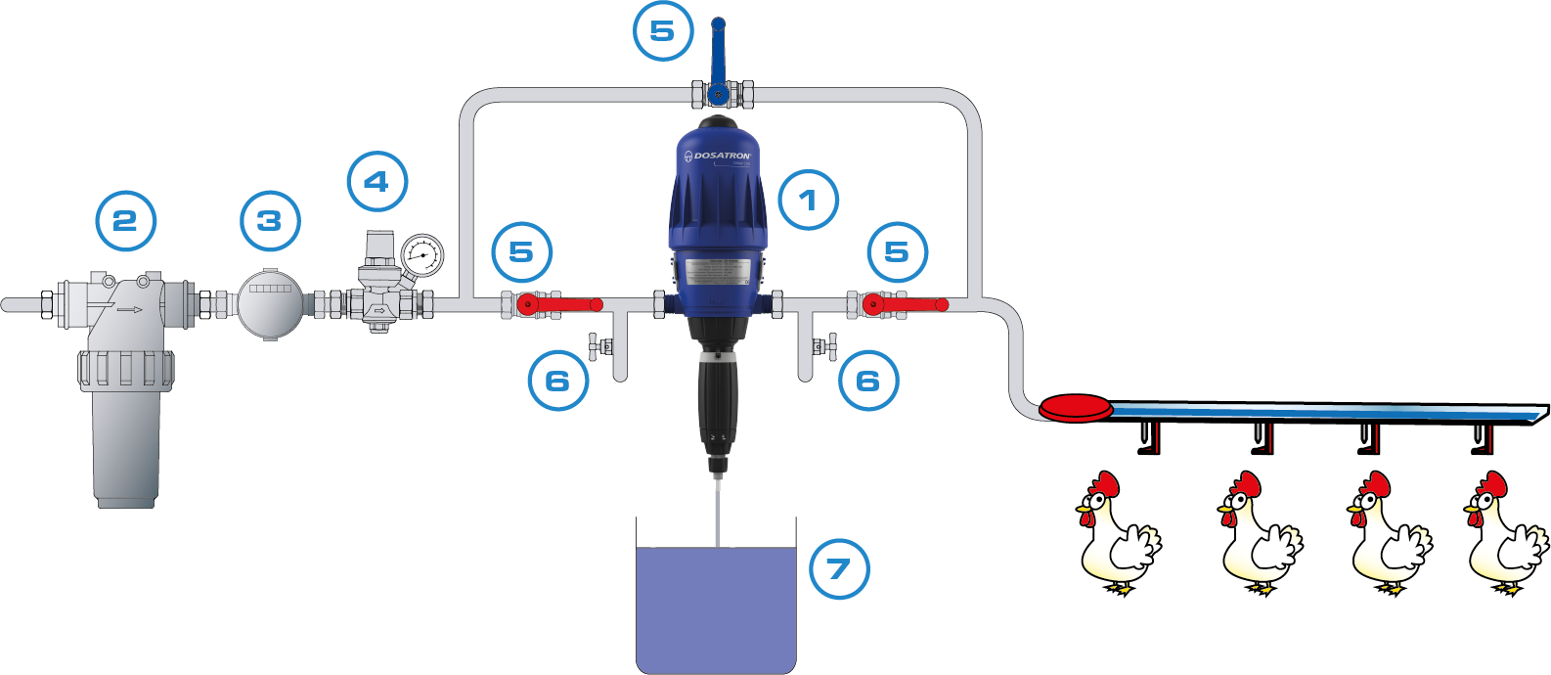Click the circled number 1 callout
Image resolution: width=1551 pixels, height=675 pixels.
coord(808,200)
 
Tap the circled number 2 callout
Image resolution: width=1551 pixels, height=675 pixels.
coord(125,220)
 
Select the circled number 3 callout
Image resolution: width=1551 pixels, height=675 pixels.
coord(269,220)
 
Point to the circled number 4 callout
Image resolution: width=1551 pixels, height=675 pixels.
coord(377,181)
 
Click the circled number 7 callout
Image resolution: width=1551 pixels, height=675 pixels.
coord(839,568)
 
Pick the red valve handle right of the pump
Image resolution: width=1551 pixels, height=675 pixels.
coord(914,305)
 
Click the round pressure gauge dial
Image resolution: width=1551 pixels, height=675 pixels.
coord(422,255)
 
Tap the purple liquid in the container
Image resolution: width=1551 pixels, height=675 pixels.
coord(716,607)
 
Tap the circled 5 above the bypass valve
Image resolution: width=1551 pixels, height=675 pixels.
coord(662,30)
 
